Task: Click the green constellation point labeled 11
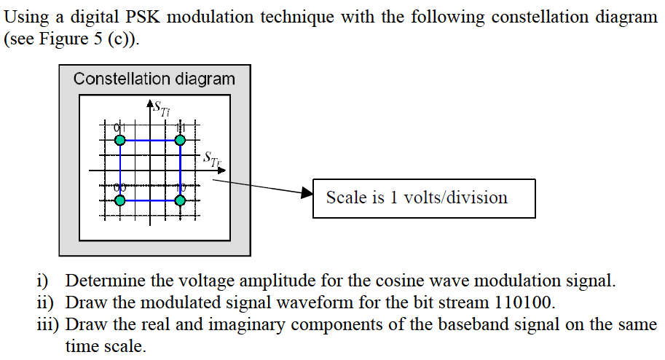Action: [180, 139]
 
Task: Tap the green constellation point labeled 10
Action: [180, 199]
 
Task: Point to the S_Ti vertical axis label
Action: [160, 107]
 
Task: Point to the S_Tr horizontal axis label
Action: [210, 159]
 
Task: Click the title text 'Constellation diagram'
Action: [154, 79]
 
